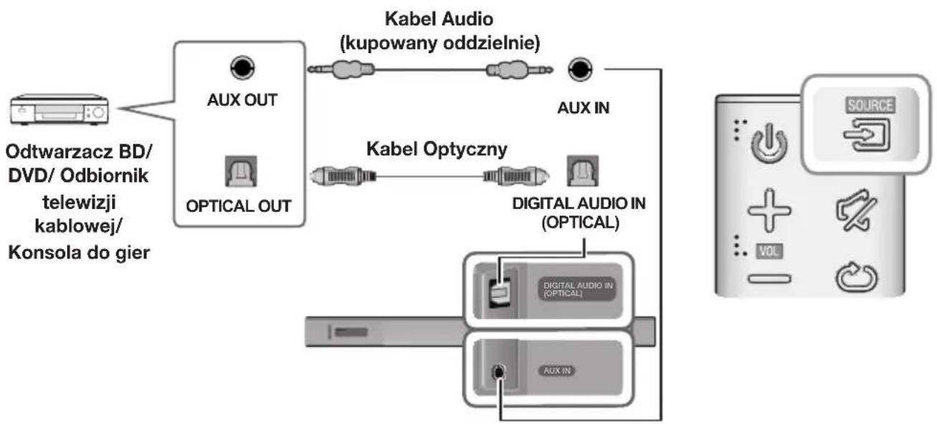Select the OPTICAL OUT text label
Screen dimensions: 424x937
click(239, 206)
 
